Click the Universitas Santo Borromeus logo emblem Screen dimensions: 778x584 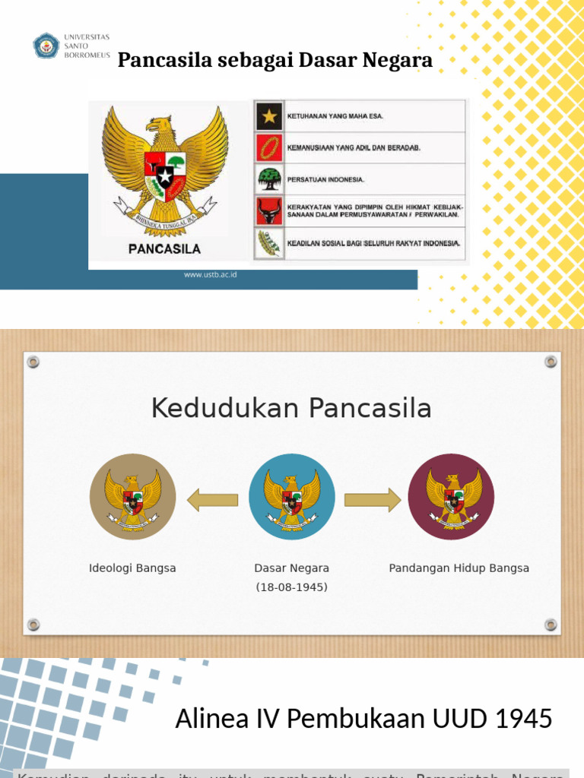(46, 46)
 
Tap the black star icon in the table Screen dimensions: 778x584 (268, 116)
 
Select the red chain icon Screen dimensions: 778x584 (268, 147)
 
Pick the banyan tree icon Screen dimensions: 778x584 (268, 179)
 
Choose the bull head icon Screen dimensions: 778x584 (268, 210)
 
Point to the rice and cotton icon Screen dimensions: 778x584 (268, 243)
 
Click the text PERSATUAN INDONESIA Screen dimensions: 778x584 (325, 180)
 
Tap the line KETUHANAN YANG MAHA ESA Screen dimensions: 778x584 (335, 116)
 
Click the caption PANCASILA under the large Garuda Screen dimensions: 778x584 (164, 248)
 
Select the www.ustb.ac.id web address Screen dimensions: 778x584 (211, 274)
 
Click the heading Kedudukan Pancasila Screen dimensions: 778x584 (291, 409)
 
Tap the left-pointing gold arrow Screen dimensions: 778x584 (212, 499)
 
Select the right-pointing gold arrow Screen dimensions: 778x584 (372, 499)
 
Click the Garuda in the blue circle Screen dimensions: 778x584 (292, 498)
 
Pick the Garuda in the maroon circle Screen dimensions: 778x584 (452, 498)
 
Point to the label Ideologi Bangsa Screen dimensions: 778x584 (132, 568)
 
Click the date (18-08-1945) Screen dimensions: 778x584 (292, 587)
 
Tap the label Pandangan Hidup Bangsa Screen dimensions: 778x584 (459, 568)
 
